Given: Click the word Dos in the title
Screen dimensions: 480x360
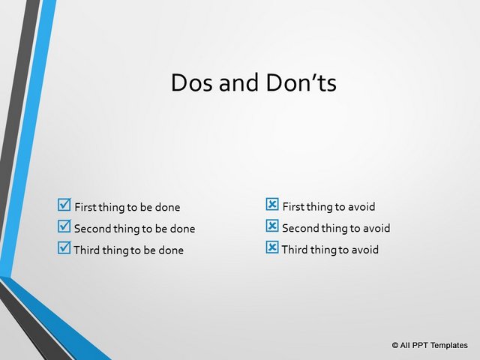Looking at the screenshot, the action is (x=191, y=82).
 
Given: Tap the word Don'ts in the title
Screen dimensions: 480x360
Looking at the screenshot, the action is (x=301, y=82).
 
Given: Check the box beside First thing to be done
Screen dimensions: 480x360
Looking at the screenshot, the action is (x=64, y=205).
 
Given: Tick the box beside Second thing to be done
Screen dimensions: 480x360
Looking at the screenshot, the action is (x=64, y=226).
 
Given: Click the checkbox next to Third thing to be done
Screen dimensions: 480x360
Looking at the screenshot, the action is (x=64, y=247).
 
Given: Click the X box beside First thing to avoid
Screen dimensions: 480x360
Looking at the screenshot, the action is (x=272, y=204).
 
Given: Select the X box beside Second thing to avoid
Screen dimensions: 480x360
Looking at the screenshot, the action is (x=272, y=226).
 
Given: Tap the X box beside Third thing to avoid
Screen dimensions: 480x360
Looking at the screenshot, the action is (x=272, y=247).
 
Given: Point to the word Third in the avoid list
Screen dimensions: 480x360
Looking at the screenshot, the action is (x=295, y=250).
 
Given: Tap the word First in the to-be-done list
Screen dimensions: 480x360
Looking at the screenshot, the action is (x=85, y=207).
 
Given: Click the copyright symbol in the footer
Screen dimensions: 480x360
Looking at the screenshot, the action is (x=395, y=345).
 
